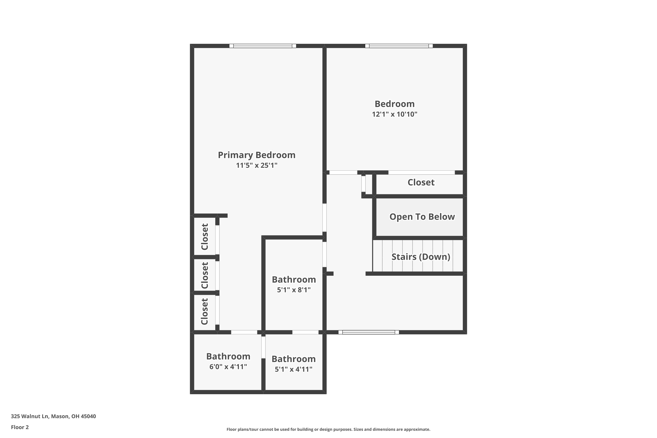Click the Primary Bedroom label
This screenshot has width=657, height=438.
[256, 155]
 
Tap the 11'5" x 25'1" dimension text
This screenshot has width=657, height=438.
[256, 165]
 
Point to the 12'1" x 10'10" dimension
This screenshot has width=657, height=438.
[394, 114]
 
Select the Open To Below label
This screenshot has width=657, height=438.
[422, 217]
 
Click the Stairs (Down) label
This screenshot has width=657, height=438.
[421, 257]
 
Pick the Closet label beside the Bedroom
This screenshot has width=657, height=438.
[421, 182]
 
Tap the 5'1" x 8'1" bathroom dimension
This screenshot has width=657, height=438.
[294, 290]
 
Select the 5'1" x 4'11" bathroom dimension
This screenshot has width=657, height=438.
[294, 369]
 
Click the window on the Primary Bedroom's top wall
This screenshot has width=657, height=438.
[263, 46]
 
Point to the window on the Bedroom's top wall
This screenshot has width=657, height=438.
[399, 46]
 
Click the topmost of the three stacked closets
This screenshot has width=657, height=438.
[205, 237]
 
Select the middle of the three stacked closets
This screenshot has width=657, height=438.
[205, 275]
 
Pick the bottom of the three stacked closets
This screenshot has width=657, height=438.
[205, 312]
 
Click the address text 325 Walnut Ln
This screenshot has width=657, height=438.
[30, 416]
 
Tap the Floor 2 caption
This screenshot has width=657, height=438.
[20, 427]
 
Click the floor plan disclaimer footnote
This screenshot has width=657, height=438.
[328, 429]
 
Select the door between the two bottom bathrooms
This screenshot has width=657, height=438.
[263, 348]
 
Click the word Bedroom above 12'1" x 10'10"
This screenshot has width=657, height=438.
[394, 104]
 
